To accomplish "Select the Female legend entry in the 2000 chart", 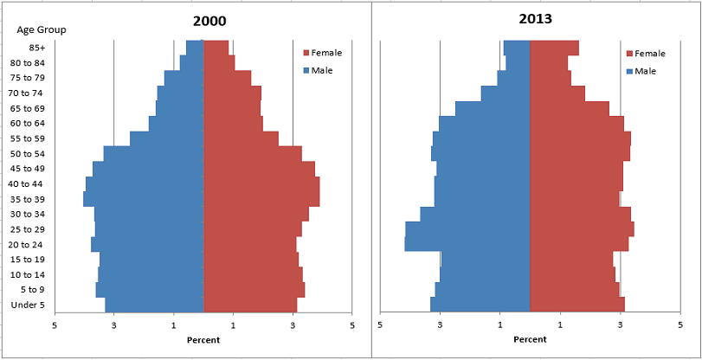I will pyautogui.click(x=326, y=53).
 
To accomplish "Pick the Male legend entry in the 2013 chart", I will pyautogui.click(x=645, y=71).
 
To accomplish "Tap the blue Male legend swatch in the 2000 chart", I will pyautogui.click(x=306, y=70).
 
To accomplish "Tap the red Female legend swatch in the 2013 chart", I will pyautogui.click(x=629, y=54).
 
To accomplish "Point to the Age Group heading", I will pyautogui.click(x=42, y=29).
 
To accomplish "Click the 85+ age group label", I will pyautogui.click(x=37, y=48).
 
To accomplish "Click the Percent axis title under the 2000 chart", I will pyautogui.click(x=203, y=339).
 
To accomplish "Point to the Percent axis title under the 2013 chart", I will pyautogui.click(x=530, y=339).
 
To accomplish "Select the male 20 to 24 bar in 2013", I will pyautogui.click(x=467, y=244).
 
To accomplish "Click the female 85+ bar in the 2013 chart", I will pyautogui.click(x=554, y=48).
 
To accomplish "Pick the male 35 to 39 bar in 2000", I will pyautogui.click(x=144, y=199).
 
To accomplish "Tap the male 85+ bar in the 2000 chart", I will pyautogui.click(x=195, y=48).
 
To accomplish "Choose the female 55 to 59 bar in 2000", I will pyautogui.click(x=241, y=138).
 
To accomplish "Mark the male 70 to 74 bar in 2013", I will pyautogui.click(x=506, y=93).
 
